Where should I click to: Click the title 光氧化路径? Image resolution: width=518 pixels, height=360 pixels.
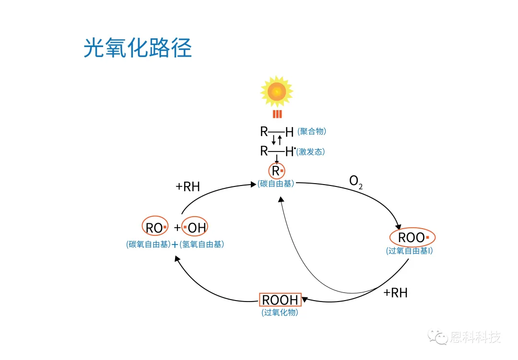pos(138,48)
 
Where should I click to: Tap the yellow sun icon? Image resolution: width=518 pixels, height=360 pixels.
pos(277,91)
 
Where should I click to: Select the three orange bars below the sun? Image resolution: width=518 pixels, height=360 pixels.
pos(277,114)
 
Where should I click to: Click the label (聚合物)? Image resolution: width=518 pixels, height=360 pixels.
pos(312,131)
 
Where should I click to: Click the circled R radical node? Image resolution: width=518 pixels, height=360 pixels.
pos(277,171)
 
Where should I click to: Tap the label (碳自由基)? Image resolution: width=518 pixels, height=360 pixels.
pos(276,184)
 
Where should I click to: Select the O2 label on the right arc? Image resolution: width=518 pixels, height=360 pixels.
pos(355,182)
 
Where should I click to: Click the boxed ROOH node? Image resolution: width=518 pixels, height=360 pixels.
pos(280,301)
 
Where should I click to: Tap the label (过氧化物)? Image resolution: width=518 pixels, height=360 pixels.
pos(280,313)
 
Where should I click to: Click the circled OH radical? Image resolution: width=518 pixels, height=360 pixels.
pos(195,227)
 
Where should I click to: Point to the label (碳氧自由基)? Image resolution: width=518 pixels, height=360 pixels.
pos(148,244)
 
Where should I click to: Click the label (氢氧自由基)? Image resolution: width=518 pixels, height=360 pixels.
pos(202,244)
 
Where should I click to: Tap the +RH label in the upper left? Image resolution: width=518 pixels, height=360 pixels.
pos(188,186)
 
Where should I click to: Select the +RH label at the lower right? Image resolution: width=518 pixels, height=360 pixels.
pos(395,293)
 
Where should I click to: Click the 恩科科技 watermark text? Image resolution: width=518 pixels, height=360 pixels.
pos(476,337)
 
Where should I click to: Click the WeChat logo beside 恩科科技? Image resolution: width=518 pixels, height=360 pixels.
pos(438,337)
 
